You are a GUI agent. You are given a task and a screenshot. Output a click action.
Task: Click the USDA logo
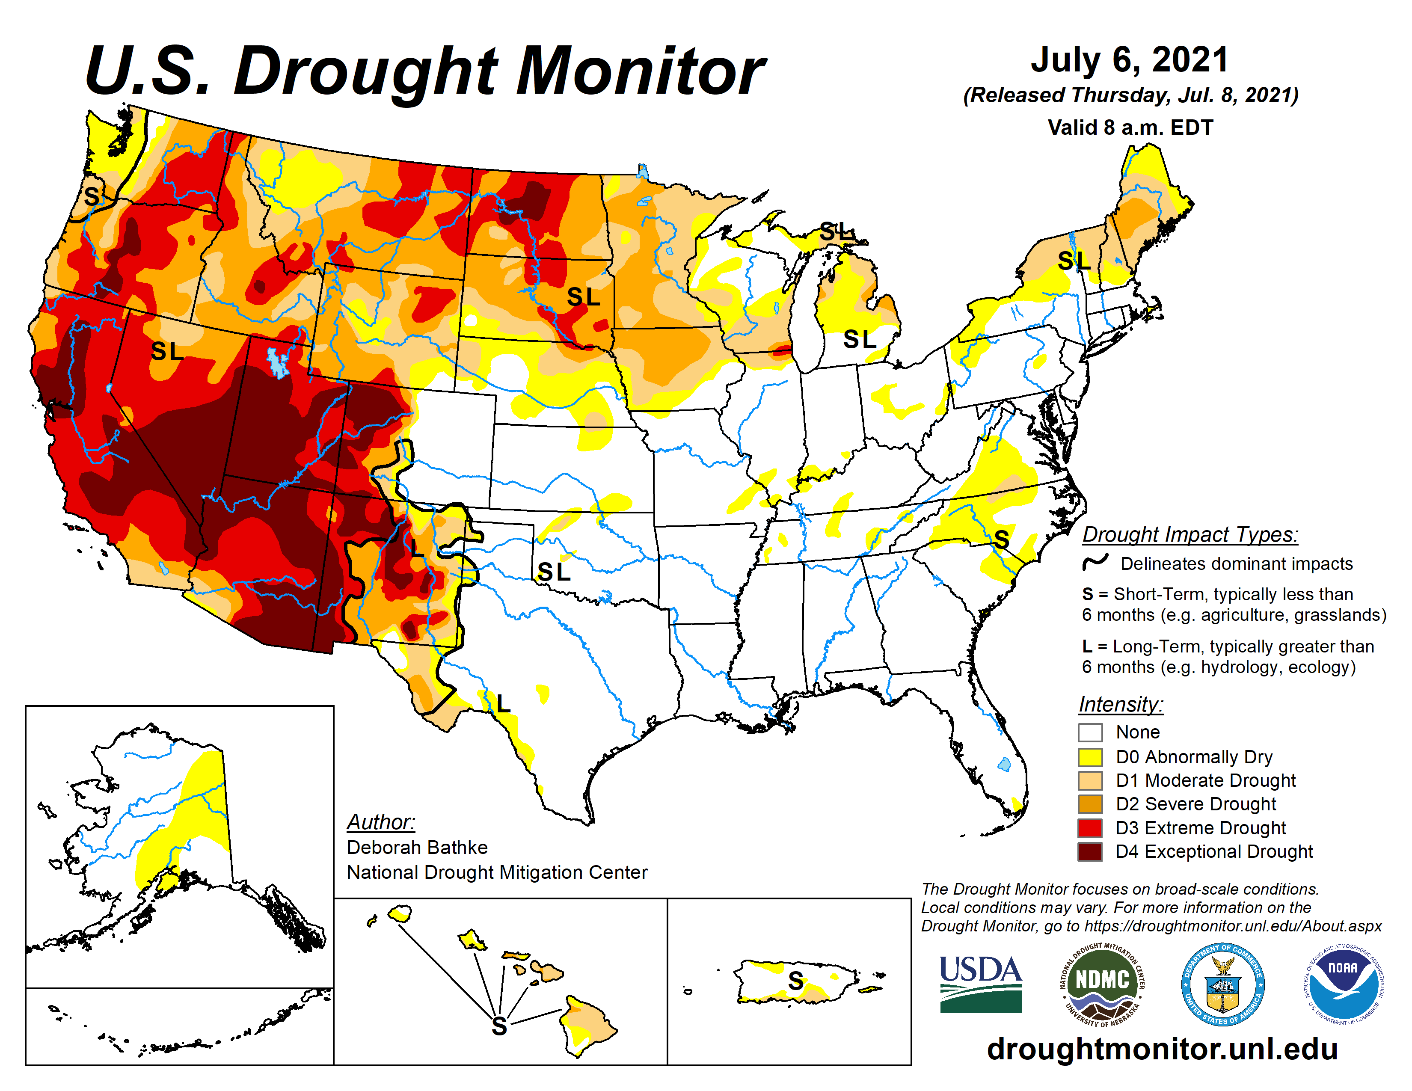coord(980,983)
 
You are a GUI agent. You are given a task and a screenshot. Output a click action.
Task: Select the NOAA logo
coord(1343,984)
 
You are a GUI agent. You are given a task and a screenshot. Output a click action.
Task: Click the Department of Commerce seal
coord(1222,984)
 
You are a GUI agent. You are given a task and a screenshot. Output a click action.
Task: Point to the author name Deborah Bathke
coord(417,847)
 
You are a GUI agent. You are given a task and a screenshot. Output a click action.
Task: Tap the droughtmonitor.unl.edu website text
coord(1162,1048)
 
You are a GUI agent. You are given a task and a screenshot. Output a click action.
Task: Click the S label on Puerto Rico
coord(796,981)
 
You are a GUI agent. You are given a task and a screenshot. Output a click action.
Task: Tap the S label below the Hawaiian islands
coord(499,1026)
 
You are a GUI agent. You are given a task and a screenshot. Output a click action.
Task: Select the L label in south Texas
coord(503,703)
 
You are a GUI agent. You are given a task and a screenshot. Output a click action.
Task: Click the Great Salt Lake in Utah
coord(277,362)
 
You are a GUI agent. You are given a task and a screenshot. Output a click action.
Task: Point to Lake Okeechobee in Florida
coord(1004,765)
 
